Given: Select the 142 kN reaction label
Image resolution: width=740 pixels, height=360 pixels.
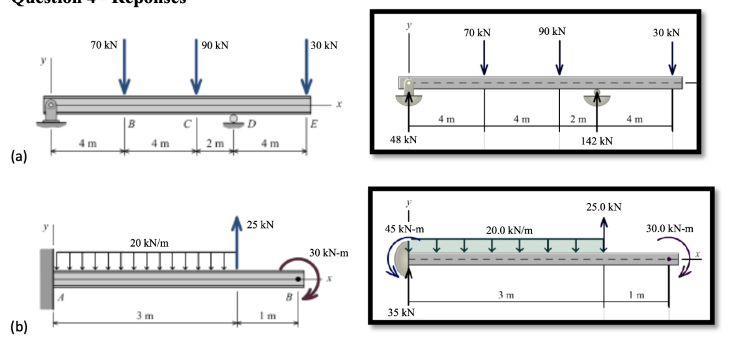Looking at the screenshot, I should point(597,141).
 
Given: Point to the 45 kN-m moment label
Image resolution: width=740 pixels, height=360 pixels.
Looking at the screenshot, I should point(406,229).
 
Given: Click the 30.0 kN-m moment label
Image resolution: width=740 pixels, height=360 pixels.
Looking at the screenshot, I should point(670,229).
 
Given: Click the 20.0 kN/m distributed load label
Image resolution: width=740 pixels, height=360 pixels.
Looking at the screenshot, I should point(509,230).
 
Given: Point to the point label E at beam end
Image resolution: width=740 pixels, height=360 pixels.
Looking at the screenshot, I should point(315,123).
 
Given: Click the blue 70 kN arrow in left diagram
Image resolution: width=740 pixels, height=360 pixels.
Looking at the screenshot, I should point(125,65).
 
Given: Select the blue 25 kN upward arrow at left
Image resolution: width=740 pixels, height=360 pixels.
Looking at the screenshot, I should point(237,243).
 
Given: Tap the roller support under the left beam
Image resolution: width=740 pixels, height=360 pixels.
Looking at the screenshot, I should point(233,120).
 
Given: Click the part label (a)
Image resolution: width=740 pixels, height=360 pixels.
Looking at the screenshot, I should point(17,157).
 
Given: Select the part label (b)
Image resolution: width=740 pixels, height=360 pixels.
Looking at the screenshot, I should point(17,328).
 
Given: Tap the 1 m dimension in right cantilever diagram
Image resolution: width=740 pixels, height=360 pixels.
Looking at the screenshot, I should point(637,294).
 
